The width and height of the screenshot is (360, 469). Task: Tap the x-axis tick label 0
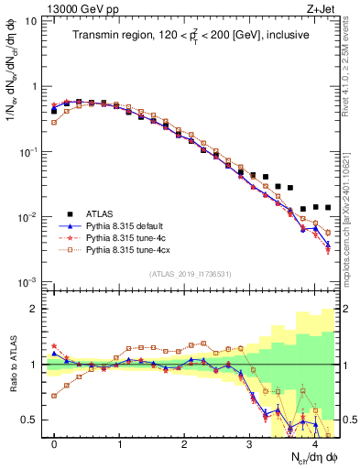[54, 444]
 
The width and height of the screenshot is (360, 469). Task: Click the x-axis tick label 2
[184, 444]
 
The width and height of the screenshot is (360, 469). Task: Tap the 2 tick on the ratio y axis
[36, 309]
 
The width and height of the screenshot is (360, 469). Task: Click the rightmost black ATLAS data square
[328, 207]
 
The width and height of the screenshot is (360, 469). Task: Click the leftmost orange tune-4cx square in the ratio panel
[54, 396]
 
